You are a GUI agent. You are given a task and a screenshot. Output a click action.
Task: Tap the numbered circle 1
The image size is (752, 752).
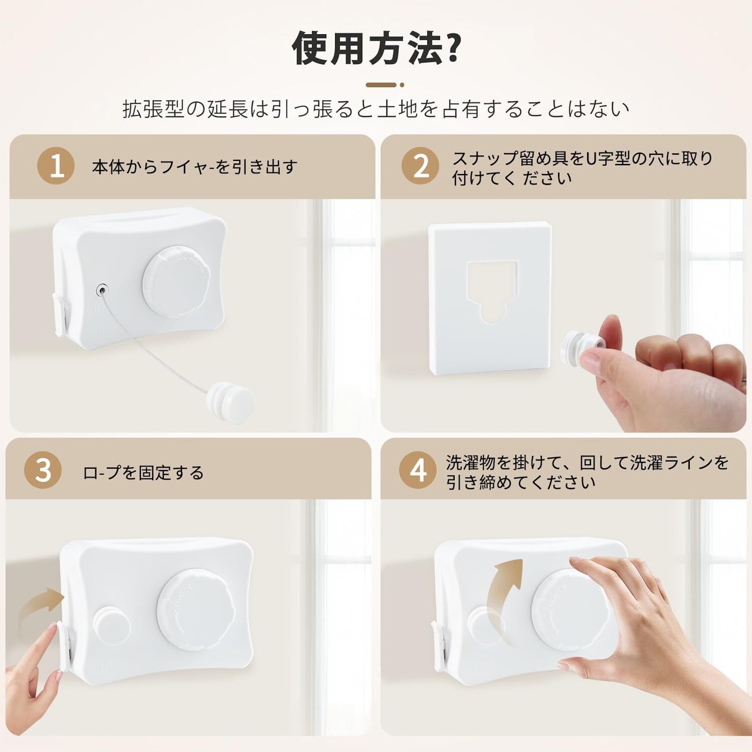(56, 166)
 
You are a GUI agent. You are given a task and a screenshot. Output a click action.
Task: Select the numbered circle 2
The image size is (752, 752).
(420, 166)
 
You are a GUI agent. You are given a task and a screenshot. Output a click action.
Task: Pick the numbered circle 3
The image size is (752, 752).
(43, 470)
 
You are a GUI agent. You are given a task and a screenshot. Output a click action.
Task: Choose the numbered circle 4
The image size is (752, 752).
(418, 470)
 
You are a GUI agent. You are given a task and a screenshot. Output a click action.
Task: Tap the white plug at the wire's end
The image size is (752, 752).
(231, 403)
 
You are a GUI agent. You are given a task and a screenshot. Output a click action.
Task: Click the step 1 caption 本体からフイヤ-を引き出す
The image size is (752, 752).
(194, 167)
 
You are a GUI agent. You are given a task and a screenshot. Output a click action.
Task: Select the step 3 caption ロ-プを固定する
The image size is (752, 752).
(143, 472)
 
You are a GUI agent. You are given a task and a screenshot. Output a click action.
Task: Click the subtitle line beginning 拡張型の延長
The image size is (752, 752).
(376, 109)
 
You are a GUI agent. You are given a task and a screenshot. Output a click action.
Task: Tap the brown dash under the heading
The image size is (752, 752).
(381, 85)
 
